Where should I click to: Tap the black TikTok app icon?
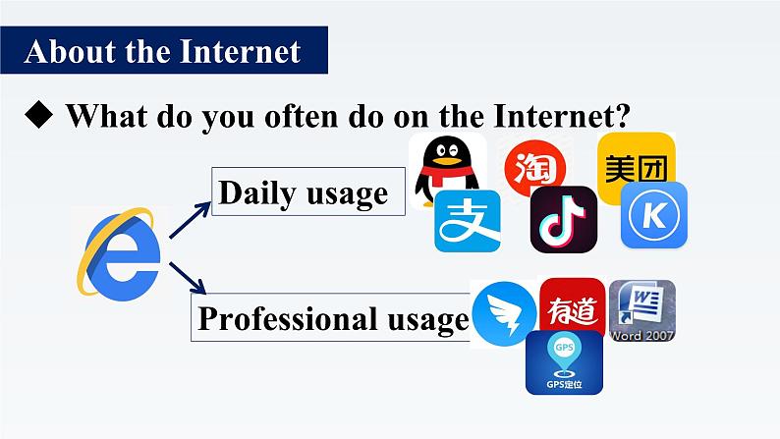(x=563, y=218)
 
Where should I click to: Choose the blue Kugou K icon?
(x=653, y=215)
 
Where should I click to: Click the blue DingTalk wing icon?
(x=503, y=315)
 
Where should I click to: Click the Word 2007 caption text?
(x=641, y=335)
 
